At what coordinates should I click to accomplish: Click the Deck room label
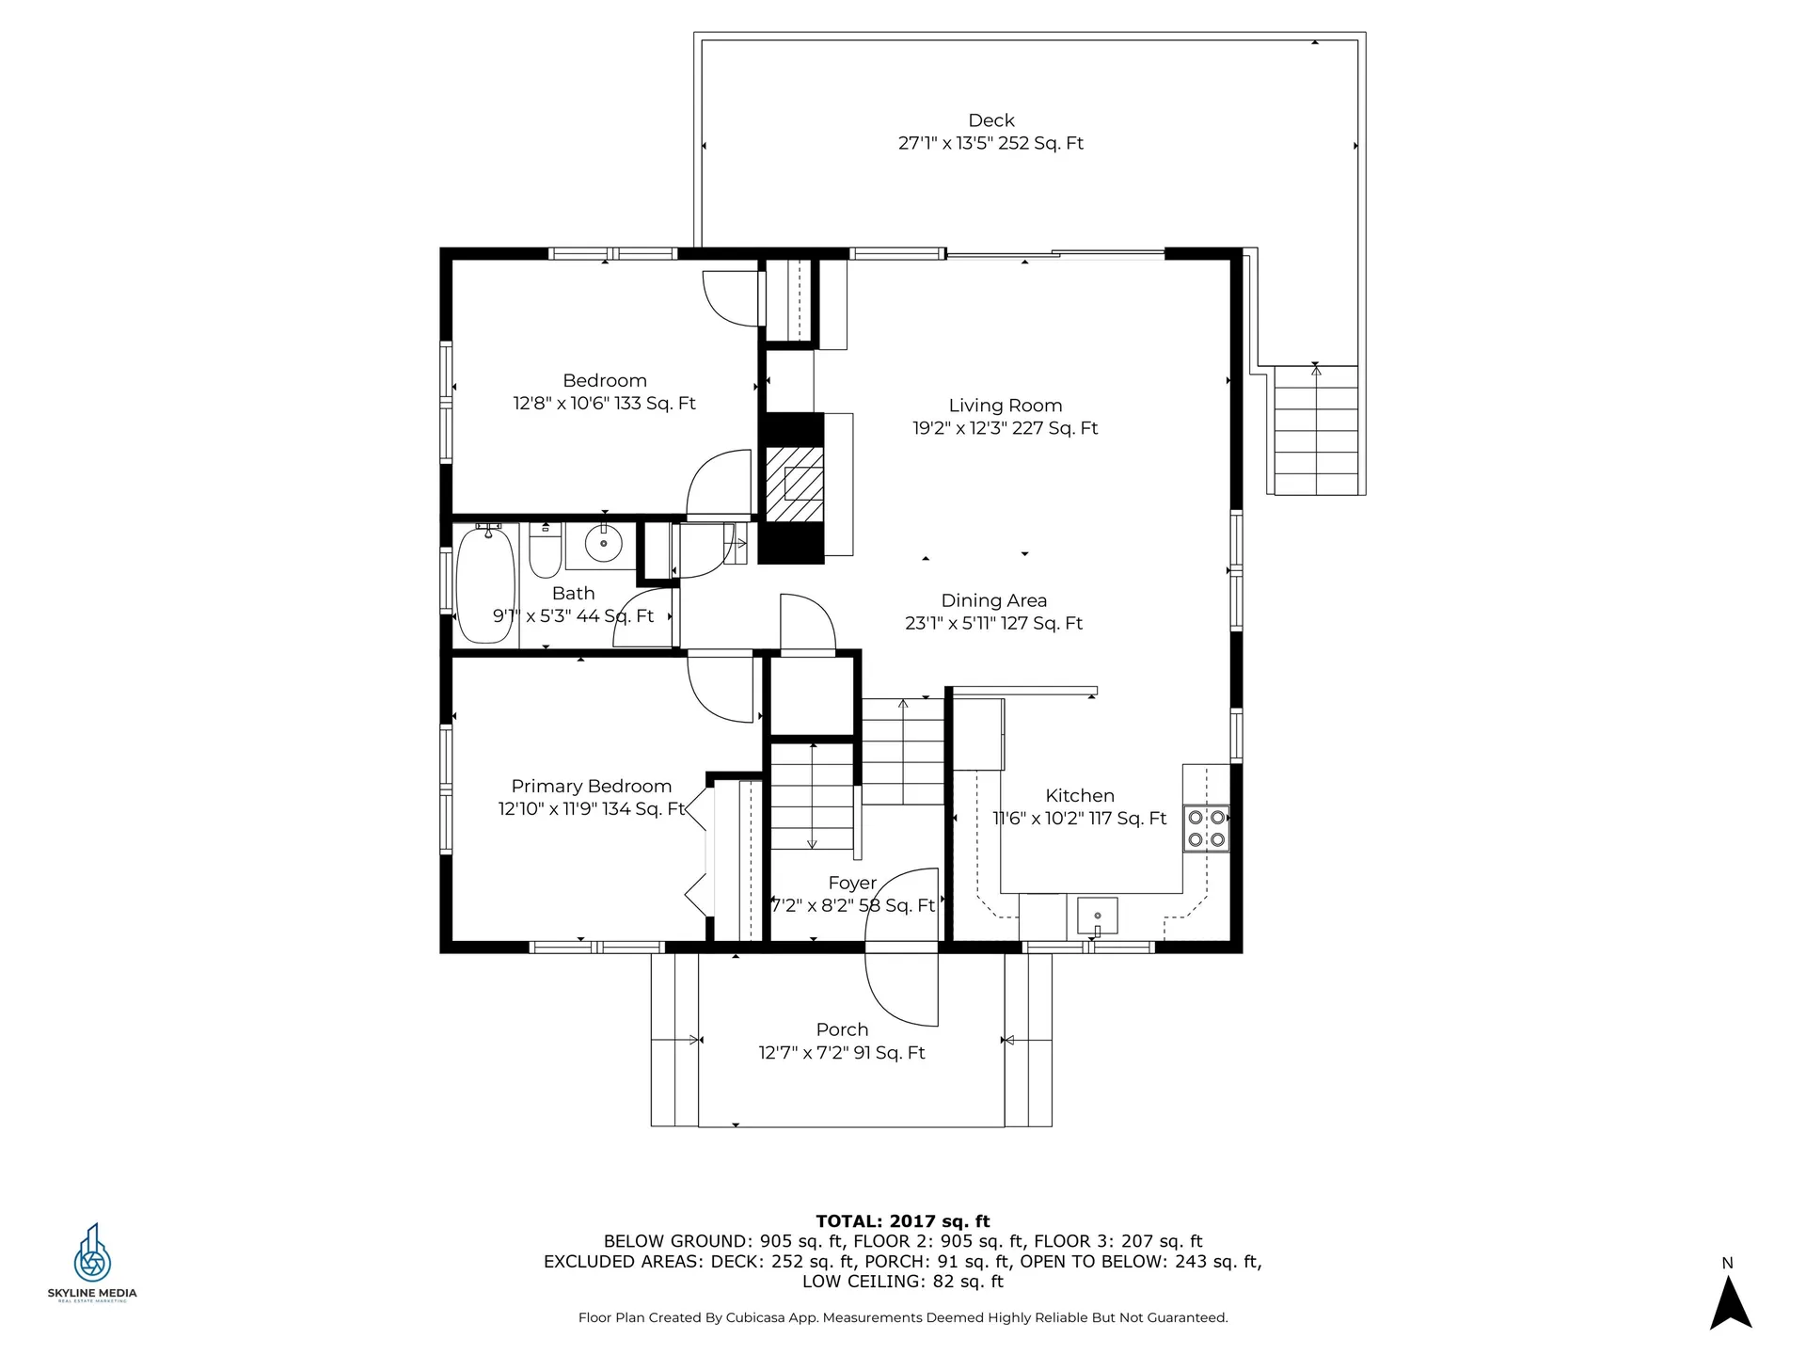click(991, 120)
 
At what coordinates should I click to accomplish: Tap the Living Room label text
click(1006, 406)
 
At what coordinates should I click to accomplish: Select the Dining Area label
click(994, 600)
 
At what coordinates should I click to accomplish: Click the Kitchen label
click(1080, 795)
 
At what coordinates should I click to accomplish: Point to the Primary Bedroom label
click(592, 787)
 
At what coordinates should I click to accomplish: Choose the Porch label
click(842, 1029)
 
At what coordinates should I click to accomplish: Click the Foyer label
click(852, 883)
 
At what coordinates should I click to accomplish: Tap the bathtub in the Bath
click(485, 582)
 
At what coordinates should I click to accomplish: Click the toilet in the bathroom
click(546, 551)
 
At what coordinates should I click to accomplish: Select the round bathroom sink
click(603, 543)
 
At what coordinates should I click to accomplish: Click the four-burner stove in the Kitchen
click(1206, 828)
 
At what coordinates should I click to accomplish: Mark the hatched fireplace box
click(796, 484)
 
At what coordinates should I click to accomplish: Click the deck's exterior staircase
click(1316, 430)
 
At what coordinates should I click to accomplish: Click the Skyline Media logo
click(92, 1262)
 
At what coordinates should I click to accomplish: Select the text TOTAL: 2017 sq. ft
click(903, 1221)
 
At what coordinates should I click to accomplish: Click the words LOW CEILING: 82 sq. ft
click(903, 1282)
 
